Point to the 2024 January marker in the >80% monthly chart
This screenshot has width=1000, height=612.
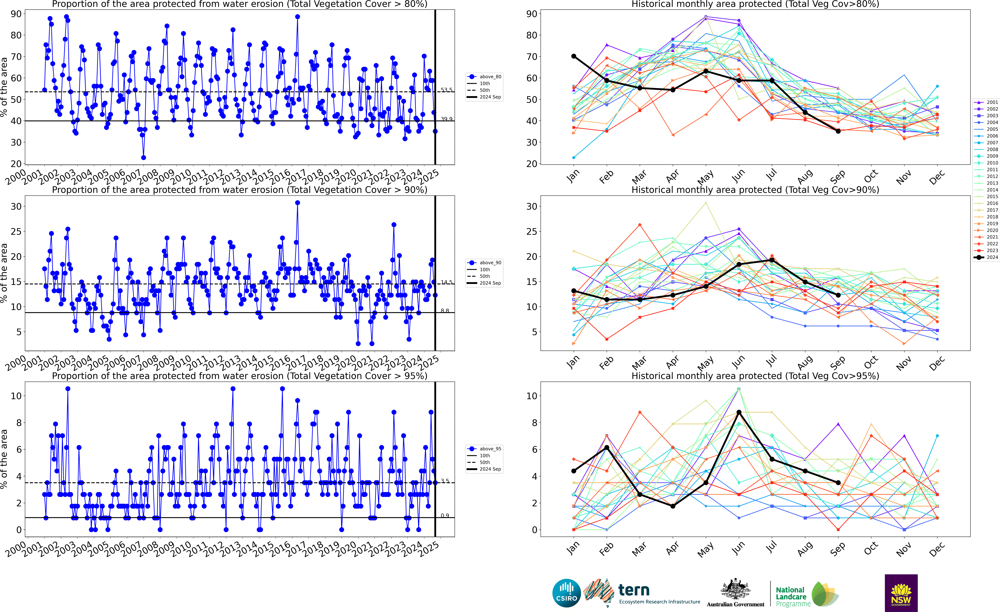point(573,56)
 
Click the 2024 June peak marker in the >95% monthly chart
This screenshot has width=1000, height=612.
point(739,412)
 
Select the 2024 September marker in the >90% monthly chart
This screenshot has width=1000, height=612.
point(838,295)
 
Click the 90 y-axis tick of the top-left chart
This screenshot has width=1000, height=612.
point(16,14)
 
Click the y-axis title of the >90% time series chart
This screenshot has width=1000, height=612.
point(4,273)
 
